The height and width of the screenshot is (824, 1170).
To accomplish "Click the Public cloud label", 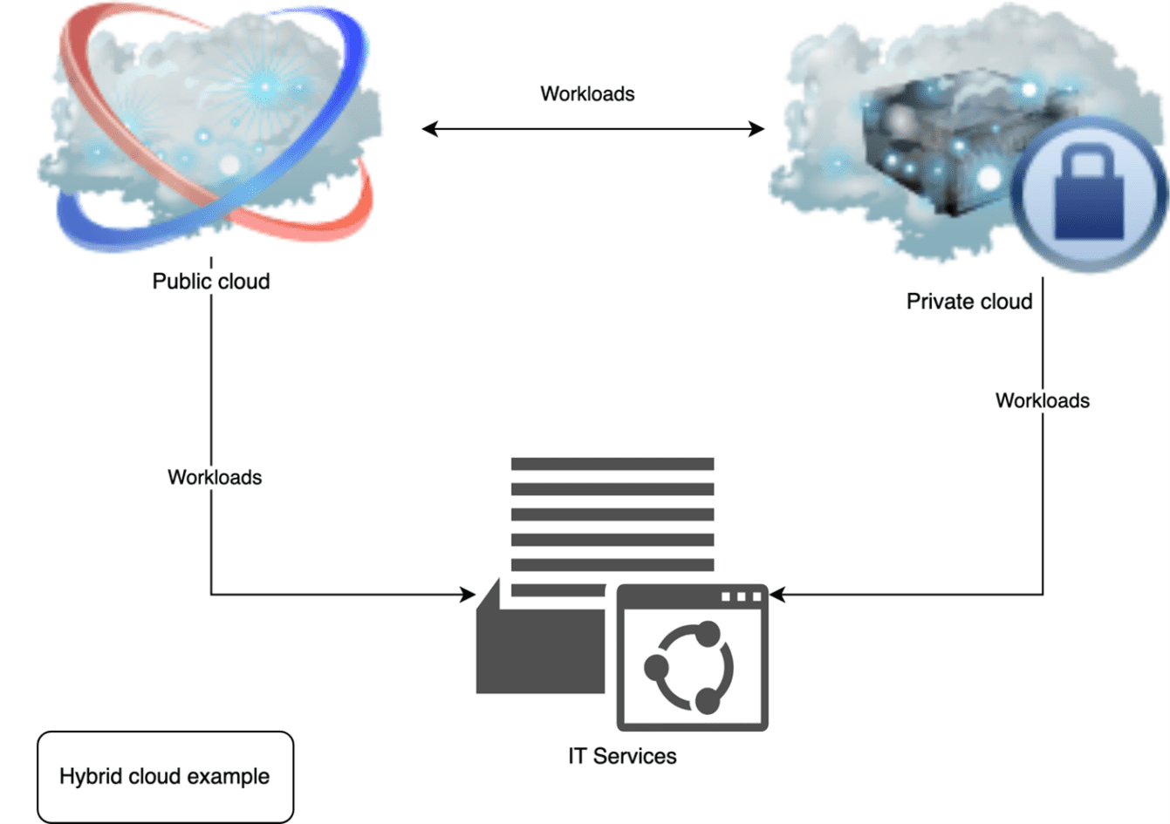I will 210,282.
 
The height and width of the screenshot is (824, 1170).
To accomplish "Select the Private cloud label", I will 968,302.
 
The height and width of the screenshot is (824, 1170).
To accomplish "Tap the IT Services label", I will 621,756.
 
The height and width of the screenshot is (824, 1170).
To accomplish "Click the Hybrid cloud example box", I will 165,776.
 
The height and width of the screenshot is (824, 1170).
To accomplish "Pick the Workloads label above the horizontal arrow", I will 587,94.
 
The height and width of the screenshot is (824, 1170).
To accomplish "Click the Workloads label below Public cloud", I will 215,477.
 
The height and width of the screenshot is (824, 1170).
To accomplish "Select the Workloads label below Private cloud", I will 1042,400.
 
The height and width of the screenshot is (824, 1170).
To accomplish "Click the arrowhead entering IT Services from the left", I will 469,595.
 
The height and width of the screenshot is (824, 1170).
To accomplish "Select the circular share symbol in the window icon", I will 689,667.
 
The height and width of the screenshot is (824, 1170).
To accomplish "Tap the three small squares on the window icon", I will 741,597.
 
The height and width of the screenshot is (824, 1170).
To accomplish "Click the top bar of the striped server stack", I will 612,464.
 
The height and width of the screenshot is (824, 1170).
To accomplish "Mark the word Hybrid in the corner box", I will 90,776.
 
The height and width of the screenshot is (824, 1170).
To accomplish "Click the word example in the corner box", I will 228,776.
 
